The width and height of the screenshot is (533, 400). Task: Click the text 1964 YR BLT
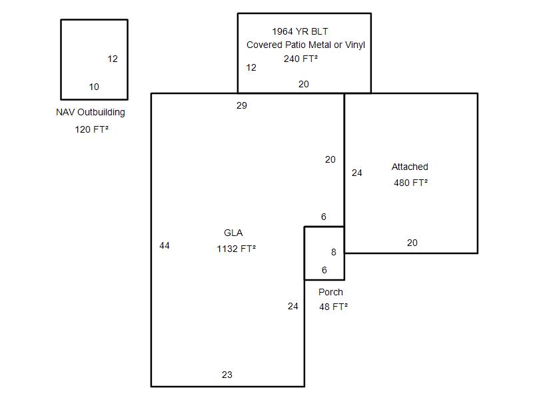pyautogui.click(x=300, y=31)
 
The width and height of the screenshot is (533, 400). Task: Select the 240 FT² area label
pyautogui.click(x=301, y=59)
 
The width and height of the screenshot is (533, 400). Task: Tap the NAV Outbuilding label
pyautogui.click(x=91, y=112)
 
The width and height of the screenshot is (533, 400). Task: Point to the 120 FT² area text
pyautogui.click(x=92, y=129)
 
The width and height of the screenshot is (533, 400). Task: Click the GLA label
pyautogui.click(x=233, y=233)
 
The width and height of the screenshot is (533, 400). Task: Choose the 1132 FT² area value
pyautogui.click(x=237, y=249)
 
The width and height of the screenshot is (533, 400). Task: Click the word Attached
pyautogui.click(x=410, y=167)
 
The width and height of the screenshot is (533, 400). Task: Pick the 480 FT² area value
pyautogui.click(x=410, y=183)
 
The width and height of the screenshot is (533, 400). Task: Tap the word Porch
pyautogui.click(x=330, y=292)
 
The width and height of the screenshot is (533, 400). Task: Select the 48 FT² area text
pyautogui.click(x=333, y=307)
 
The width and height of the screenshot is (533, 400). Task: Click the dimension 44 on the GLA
pyautogui.click(x=165, y=245)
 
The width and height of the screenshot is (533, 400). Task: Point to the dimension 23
pyautogui.click(x=227, y=375)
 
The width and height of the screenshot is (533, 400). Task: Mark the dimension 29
pyautogui.click(x=242, y=105)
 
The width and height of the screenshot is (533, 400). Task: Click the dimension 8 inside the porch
pyautogui.click(x=334, y=252)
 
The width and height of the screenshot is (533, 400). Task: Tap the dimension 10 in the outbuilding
pyautogui.click(x=94, y=87)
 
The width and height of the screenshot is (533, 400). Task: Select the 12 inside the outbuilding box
pyautogui.click(x=113, y=59)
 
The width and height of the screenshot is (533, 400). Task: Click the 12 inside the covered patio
pyautogui.click(x=251, y=68)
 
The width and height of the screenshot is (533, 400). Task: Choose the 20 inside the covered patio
pyautogui.click(x=304, y=84)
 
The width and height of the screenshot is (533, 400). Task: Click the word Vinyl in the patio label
pyautogui.click(x=355, y=45)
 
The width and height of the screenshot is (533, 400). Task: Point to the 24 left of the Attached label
pyautogui.click(x=357, y=173)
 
